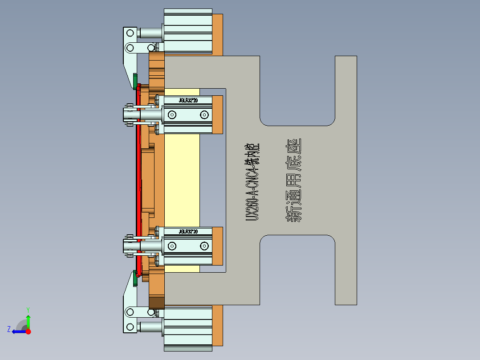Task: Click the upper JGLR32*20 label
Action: [188, 101]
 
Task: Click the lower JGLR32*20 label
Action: [188, 232]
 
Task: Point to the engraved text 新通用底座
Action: [293, 180]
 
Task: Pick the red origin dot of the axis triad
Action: [28, 331]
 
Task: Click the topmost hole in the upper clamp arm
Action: [130, 33]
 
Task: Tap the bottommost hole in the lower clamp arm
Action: [130, 327]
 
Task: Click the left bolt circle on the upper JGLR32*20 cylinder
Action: [172, 115]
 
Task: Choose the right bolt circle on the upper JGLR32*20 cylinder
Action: [204, 115]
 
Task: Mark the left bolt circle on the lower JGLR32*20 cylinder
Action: [172, 245]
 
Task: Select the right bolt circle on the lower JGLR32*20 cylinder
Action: [204, 245]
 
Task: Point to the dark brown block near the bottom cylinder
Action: [156, 303]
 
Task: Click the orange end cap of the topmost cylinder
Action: [217, 33]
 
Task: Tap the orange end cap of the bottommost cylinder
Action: [217, 326]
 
